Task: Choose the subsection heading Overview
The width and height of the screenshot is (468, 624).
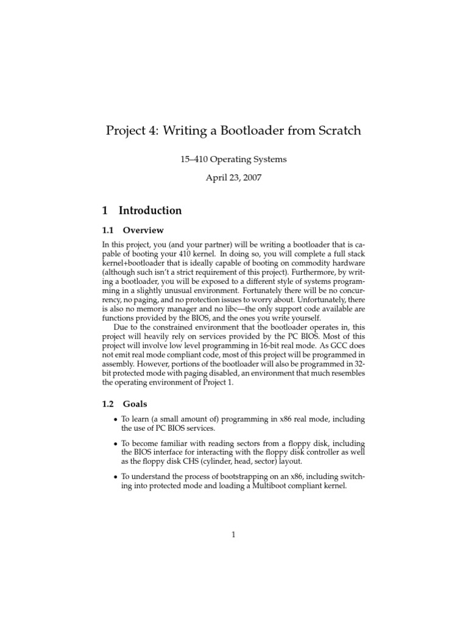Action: (x=143, y=230)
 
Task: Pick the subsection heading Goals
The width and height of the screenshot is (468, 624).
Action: (x=135, y=403)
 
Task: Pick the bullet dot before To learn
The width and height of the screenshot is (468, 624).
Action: (x=116, y=419)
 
